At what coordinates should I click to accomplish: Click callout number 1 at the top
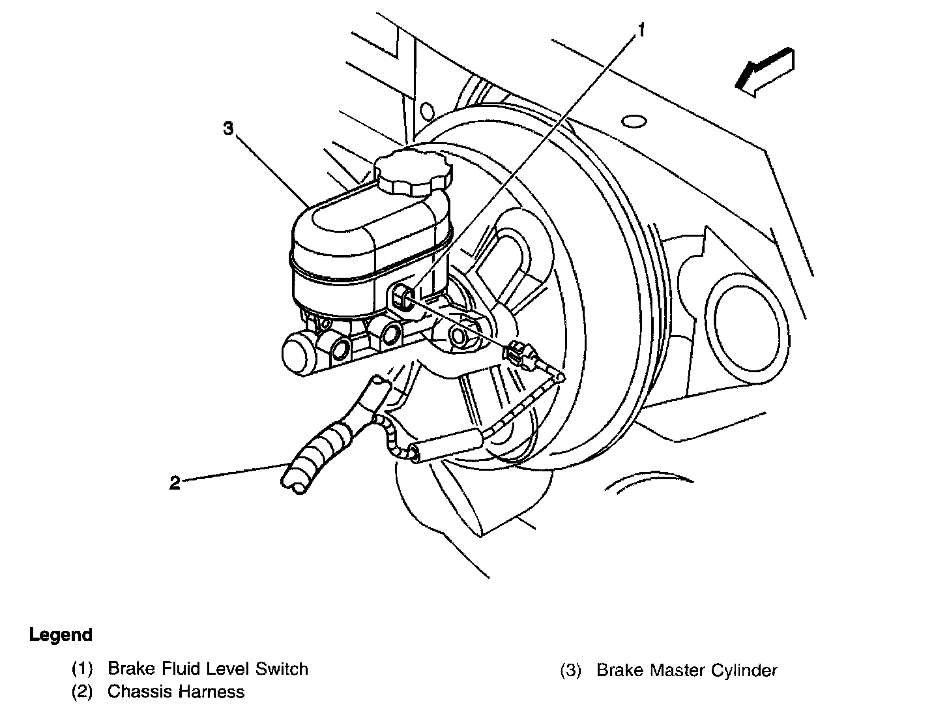tap(641, 29)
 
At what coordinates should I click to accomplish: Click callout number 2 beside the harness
tap(174, 483)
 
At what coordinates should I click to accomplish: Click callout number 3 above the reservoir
tap(227, 128)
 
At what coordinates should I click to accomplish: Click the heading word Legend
tap(61, 634)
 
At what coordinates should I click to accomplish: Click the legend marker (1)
tap(83, 669)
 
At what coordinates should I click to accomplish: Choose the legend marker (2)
tap(83, 691)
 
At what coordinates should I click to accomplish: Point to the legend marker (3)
tap(570, 670)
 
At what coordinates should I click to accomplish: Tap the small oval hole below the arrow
tap(634, 122)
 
